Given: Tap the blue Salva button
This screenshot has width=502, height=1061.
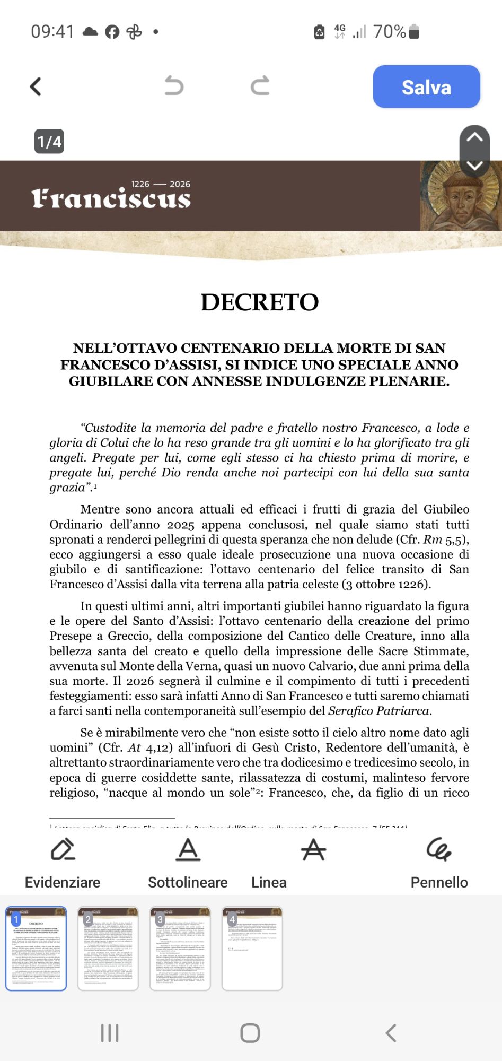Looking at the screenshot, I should (x=426, y=87).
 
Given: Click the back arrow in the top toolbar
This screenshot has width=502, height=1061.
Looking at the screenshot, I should (x=36, y=86).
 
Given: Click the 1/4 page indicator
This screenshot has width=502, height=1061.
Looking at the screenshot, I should (x=49, y=142).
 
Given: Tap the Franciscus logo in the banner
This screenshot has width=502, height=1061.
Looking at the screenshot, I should (x=111, y=198).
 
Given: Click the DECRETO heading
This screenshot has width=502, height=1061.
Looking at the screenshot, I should (x=260, y=302).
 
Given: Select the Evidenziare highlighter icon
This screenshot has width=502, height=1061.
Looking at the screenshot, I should (x=63, y=850).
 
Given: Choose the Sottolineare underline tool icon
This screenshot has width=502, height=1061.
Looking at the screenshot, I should (x=188, y=850).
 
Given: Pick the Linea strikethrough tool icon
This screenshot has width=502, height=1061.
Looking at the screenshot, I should (x=313, y=850).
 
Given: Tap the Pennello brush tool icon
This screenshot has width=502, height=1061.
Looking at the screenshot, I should (x=439, y=850).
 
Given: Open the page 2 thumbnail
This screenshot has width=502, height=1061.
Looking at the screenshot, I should (x=108, y=949).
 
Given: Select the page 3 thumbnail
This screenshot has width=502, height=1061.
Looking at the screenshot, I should (x=180, y=949).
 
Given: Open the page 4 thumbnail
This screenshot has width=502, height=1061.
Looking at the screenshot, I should (x=252, y=949).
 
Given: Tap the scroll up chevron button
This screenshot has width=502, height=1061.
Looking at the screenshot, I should (x=474, y=137).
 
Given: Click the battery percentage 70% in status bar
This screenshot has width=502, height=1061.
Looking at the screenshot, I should (x=389, y=32).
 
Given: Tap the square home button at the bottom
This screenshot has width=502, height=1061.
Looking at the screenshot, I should (x=250, y=1033).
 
